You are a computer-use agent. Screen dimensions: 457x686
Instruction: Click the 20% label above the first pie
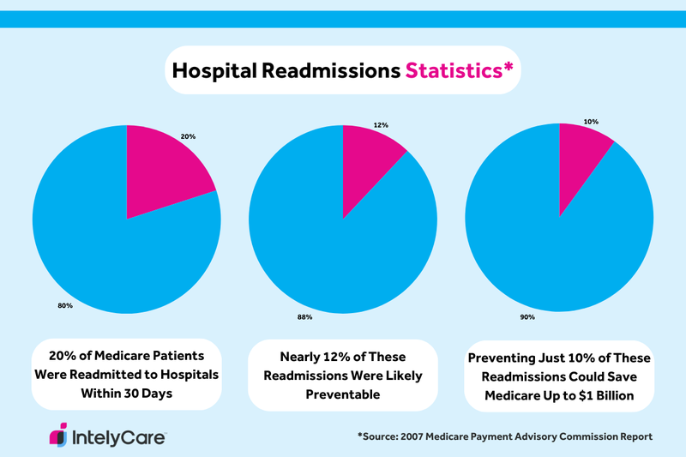[x=188, y=135]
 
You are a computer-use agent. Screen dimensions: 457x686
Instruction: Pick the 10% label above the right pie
[x=591, y=122]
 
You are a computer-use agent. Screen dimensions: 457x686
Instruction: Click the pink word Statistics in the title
[x=459, y=70]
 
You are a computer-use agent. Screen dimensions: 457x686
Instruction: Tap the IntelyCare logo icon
[x=58, y=435]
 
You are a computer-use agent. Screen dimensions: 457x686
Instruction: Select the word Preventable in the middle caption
[x=343, y=395]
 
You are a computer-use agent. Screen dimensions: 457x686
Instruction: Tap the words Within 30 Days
[x=126, y=395]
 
